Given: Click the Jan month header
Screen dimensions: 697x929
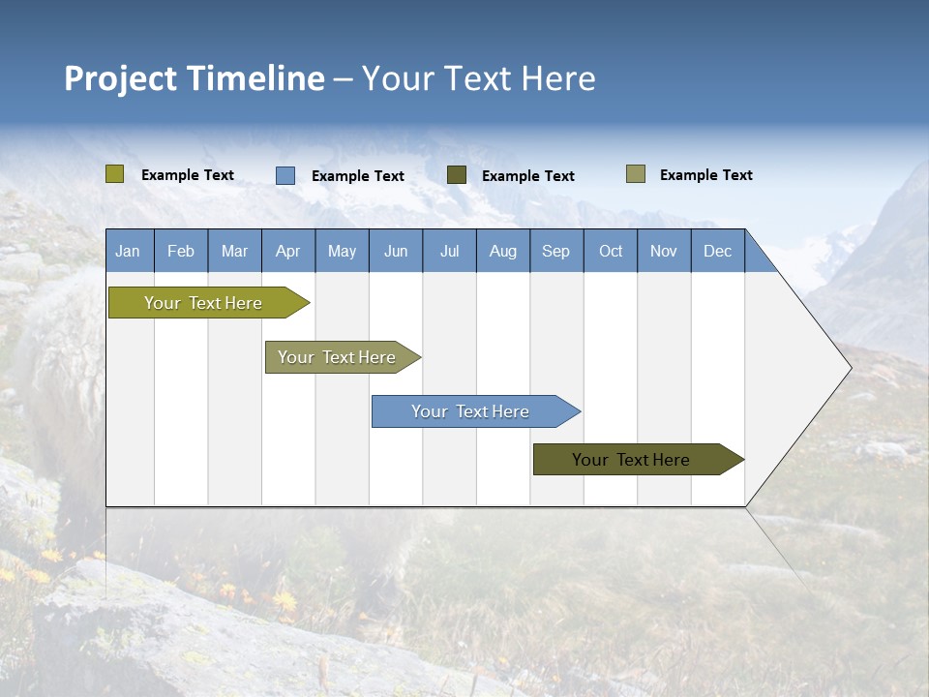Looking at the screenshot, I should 129,251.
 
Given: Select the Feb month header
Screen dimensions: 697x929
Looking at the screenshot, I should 181,251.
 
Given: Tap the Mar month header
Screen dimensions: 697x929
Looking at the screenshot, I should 234,251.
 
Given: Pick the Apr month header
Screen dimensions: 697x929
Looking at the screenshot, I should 287,251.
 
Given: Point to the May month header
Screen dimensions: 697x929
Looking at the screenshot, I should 342,251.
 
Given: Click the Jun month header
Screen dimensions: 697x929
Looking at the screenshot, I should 396,251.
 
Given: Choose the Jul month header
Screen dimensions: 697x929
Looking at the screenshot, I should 449,251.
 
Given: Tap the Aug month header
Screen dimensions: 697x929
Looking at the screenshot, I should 502,251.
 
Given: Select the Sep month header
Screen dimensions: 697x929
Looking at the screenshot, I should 555,251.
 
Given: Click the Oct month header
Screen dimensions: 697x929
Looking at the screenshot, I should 611,251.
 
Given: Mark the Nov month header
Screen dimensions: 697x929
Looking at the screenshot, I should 664,251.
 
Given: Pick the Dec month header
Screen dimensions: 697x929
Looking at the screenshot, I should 717,251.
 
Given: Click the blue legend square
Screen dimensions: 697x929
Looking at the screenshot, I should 285,175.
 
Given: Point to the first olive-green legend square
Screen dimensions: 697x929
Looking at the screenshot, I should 115,174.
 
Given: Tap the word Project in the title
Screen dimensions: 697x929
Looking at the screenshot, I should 121,78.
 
